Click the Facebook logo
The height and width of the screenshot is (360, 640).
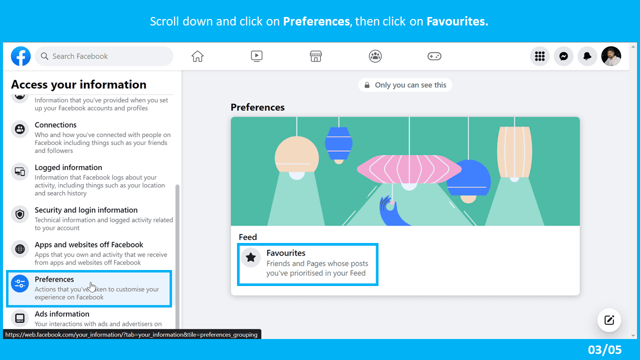click(x=21, y=56)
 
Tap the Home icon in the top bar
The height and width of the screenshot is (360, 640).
click(x=197, y=56)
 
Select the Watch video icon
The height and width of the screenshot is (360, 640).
click(x=256, y=56)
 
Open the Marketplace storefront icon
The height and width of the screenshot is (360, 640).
click(x=315, y=56)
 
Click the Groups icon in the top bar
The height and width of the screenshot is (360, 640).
click(x=375, y=56)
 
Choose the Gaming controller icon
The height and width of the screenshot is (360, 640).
click(x=434, y=56)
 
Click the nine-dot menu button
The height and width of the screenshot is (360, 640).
click(x=539, y=56)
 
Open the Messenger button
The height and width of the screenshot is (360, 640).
click(x=563, y=56)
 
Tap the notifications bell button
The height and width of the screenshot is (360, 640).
click(x=587, y=56)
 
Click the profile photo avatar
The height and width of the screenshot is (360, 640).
click(x=611, y=56)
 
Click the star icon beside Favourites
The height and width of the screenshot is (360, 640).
click(x=251, y=257)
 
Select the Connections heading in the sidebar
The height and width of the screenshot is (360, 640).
click(x=55, y=125)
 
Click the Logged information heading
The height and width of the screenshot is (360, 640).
click(x=68, y=167)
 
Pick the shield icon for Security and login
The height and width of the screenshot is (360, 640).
click(x=20, y=214)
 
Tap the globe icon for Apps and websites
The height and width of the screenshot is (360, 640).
click(x=20, y=248)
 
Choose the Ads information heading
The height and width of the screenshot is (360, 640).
click(x=62, y=314)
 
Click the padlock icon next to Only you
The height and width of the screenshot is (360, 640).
click(x=367, y=85)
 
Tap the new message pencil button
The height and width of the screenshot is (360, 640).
click(x=609, y=320)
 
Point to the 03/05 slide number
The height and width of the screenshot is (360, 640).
click(x=605, y=349)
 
